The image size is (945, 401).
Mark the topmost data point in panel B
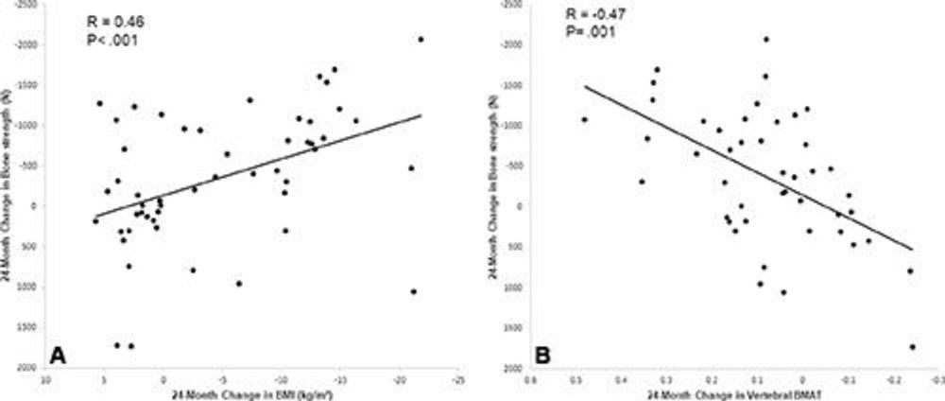[x=766, y=39]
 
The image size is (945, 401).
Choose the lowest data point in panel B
[x=912, y=347]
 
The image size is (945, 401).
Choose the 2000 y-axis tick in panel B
[x=508, y=369]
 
